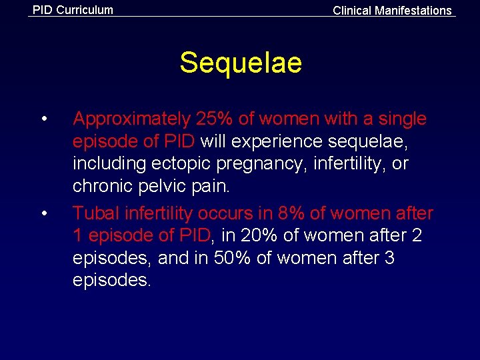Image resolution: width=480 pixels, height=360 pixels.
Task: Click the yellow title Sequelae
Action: pyautogui.click(x=240, y=63)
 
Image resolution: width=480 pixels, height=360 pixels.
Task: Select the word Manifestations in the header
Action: pyautogui.click(x=413, y=11)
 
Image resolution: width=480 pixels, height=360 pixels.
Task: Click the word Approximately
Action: pyautogui.click(x=131, y=119)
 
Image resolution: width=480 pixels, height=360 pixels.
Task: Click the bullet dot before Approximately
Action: pyautogui.click(x=43, y=120)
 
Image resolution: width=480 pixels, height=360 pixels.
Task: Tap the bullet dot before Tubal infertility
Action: pyautogui.click(x=43, y=214)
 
